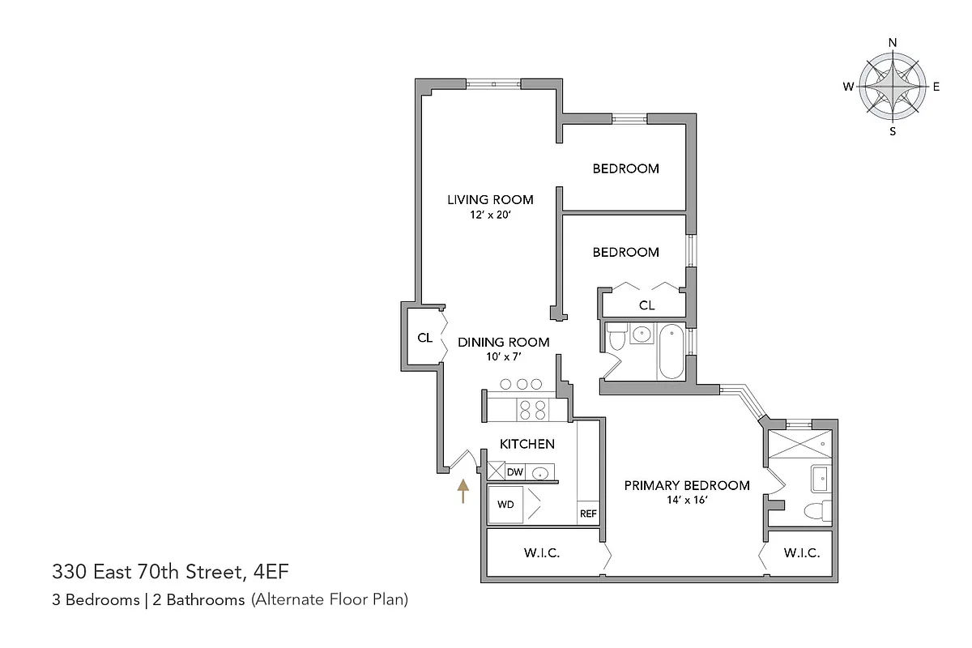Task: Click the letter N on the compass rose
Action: (x=893, y=43)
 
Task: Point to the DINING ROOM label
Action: (x=504, y=342)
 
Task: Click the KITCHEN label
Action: (x=526, y=444)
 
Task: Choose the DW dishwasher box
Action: (x=514, y=471)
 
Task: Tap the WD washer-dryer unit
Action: (x=506, y=504)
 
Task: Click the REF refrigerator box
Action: (x=587, y=514)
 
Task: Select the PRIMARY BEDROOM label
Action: (x=686, y=485)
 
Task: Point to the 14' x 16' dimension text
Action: (x=686, y=501)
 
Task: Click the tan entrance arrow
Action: (x=463, y=491)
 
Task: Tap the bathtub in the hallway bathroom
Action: (x=671, y=352)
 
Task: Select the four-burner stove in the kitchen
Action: (x=531, y=410)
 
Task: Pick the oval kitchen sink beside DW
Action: (x=540, y=472)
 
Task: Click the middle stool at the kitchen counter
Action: (x=523, y=384)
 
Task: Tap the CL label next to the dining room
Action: (x=424, y=338)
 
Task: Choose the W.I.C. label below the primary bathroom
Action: (x=802, y=554)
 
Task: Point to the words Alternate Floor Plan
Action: (x=329, y=600)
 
